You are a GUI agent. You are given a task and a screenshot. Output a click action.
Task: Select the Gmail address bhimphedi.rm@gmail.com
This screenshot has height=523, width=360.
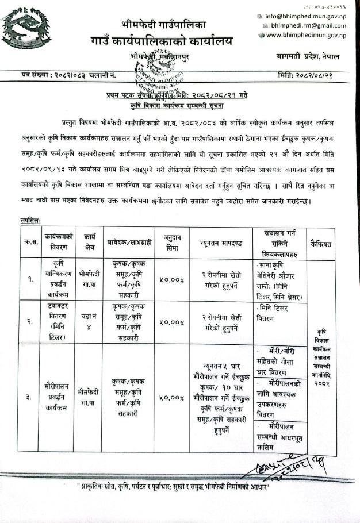pos(309,26)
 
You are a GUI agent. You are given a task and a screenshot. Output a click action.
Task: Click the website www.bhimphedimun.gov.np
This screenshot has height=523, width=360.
pos(307,36)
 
